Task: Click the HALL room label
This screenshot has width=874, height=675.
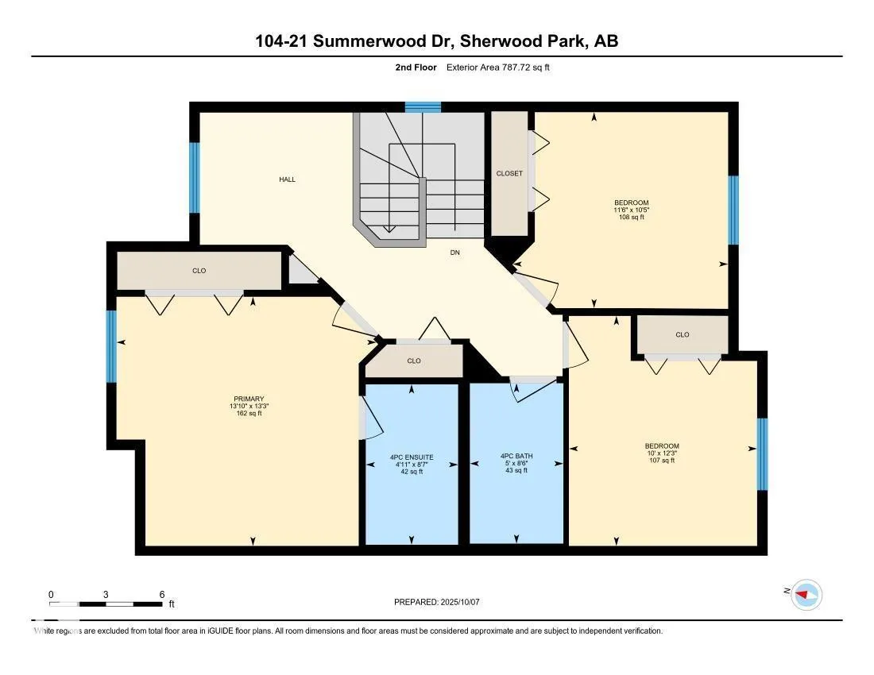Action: click(x=287, y=179)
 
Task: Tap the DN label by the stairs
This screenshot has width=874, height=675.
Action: click(x=455, y=253)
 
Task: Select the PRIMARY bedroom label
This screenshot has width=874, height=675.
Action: click(x=249, y=399)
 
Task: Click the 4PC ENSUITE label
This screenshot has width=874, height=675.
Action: click(x=412, y=457)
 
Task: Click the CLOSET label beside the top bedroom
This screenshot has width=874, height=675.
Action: click(x=509, y=173)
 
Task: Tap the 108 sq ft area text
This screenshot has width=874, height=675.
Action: click(x=632, y=217)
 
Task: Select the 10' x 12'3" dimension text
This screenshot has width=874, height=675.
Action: click(x=661, y=453)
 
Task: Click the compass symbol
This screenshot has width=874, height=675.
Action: click(x=806, y=594)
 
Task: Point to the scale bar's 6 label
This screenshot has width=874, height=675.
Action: click(x=161, y=594)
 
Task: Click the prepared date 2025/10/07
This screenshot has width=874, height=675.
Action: click(x=437, y=602)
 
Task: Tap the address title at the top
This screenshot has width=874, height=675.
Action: click(x=436, y=41)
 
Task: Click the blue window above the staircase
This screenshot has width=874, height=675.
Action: click(x=423, y=106)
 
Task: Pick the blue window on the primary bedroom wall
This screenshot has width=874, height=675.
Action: click(x=112, y=346)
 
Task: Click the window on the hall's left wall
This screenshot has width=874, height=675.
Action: click(x=194, y=178)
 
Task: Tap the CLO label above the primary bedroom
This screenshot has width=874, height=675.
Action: click(x=199, y=271)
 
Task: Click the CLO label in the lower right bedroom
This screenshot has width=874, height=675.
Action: click(x=682, y=334)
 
